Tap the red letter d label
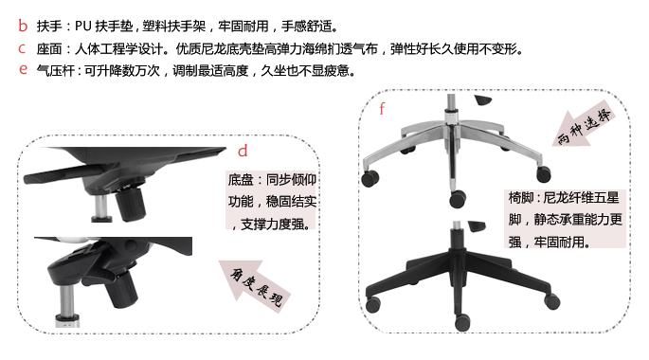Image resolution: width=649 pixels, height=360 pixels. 243,152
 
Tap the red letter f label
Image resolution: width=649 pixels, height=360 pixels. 382,107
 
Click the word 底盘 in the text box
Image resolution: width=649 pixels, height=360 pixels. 241,179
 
